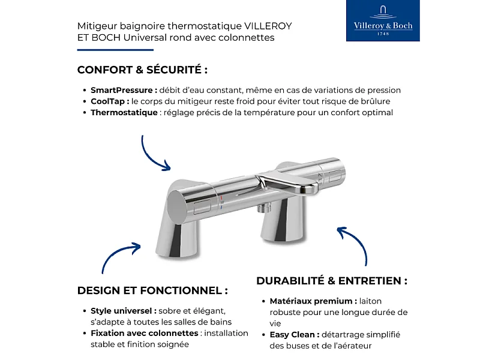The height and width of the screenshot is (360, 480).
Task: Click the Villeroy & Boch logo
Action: (383, 21)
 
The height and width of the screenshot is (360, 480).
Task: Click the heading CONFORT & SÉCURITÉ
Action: (142, 70)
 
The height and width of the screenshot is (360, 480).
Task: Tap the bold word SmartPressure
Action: (124, 90)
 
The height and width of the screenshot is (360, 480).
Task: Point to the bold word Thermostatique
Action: (124, 113)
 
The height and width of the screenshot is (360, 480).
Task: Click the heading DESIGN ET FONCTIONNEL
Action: (152, 290)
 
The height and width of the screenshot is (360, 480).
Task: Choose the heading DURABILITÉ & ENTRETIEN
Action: (332, 281)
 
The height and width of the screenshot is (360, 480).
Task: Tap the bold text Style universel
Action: (124, 311)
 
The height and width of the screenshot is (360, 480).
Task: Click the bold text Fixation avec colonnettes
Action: (144, 333)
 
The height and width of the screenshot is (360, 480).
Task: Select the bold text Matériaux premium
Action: (313, 301)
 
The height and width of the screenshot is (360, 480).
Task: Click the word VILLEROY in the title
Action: (268, 26)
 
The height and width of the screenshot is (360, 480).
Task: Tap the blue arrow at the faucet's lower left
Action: (119, 256)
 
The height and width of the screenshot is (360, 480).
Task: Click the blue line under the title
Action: (107, 50)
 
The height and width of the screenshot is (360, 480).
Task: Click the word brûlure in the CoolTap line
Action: (374, 101)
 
